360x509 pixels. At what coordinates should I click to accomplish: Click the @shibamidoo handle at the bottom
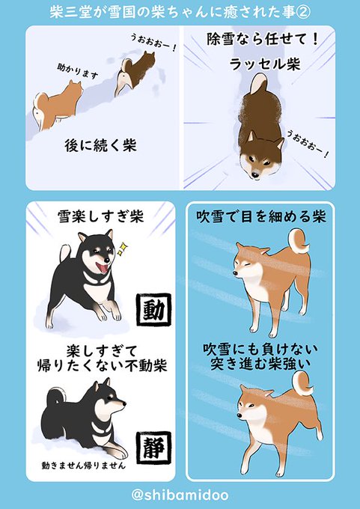point(180,495)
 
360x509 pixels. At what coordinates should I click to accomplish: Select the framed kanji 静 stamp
point(153,448)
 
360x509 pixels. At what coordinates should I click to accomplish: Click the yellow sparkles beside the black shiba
point(122,249)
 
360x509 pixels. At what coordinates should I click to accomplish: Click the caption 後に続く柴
point(100,145)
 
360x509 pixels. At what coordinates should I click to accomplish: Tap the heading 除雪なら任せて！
point(262,39)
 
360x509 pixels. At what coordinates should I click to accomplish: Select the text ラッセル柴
point(264,64)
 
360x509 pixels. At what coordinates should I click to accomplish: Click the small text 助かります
point(78,71)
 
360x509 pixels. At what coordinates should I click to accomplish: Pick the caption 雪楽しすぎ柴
point(100,217)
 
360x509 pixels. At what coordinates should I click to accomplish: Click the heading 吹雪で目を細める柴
point(260,216)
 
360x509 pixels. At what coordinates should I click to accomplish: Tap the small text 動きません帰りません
point(83,466)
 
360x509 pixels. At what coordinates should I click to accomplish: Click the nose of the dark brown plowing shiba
point(255,175)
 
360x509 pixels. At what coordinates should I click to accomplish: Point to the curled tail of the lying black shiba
point(55,397)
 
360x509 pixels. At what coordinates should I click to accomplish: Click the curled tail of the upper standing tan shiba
point(298,241)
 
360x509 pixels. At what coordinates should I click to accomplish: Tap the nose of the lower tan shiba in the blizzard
point(240,416)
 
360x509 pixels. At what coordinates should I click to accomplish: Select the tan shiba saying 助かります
point(57,105)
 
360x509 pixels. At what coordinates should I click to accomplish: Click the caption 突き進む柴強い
point(260,364)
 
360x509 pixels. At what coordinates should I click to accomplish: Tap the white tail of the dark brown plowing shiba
point(259,83)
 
